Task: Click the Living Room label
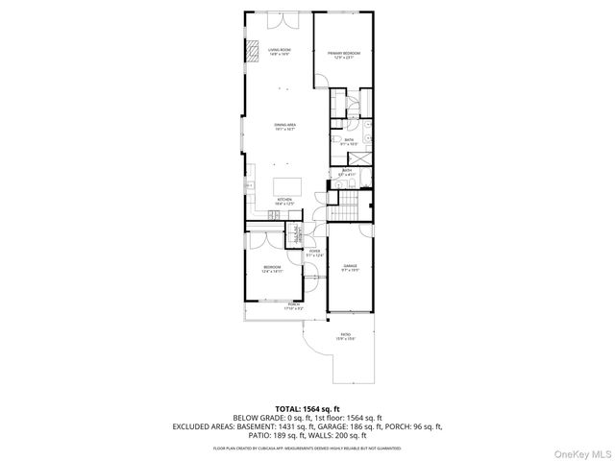[279, 52]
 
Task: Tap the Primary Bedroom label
[342, 55]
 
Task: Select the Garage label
[350, 269]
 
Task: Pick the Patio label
[345, 336]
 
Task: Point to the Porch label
[293, 307]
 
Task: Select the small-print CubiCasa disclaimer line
[307, 448]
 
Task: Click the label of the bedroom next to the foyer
[272, 269]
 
